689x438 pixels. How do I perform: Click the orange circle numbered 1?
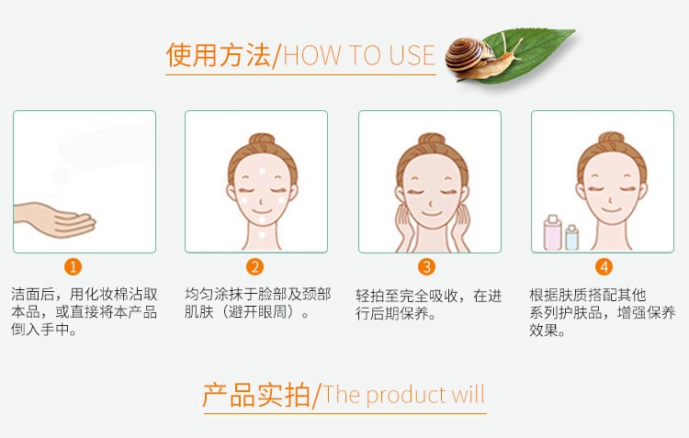click(x=74, y=267)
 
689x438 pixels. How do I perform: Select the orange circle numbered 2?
click(x=255, y=267)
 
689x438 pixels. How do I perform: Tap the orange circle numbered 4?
click(x=604, y=267)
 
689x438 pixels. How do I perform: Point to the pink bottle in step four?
click(x=553, y=234)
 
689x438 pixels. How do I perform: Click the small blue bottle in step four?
click(x=572, y=238)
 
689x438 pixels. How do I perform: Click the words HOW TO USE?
click(x=359, y=55)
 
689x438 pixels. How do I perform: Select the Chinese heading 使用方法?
click(x=219, y=55)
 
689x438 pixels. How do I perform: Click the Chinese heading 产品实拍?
click(x=256, y=395)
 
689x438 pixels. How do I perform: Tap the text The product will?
click(x=404, y=396)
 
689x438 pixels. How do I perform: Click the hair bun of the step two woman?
click(x=257, y=142)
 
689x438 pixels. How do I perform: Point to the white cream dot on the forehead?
click(x=260, y=173)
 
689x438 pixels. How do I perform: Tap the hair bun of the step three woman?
click(x=430, y=142)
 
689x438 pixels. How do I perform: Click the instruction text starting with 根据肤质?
click(x=602, y=312)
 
